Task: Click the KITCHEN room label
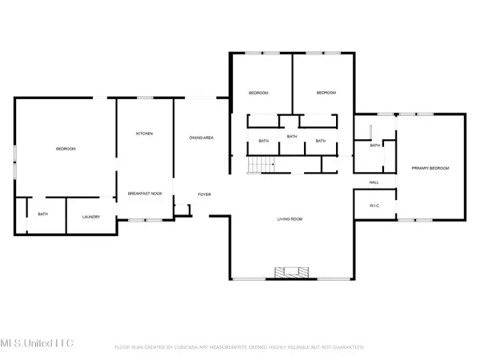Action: [144, 134]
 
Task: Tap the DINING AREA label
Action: [201, 138]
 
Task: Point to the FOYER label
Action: [205, 194]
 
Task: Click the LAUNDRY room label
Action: [90, 216]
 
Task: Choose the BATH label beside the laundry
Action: [43, 214]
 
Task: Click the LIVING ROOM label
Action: [290, 218]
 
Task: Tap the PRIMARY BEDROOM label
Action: [430, 168]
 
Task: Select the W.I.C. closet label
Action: [374, 205]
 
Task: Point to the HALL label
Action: [374, 183]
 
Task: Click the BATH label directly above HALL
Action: [374, 146]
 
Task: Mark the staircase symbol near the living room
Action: [257, 165]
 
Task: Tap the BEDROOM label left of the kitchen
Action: [66, 150]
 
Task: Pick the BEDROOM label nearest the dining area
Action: [258, 94]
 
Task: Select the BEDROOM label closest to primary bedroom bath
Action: [326, 94]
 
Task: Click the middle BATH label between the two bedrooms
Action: [292, 136]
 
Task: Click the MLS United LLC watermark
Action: [38, 342]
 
